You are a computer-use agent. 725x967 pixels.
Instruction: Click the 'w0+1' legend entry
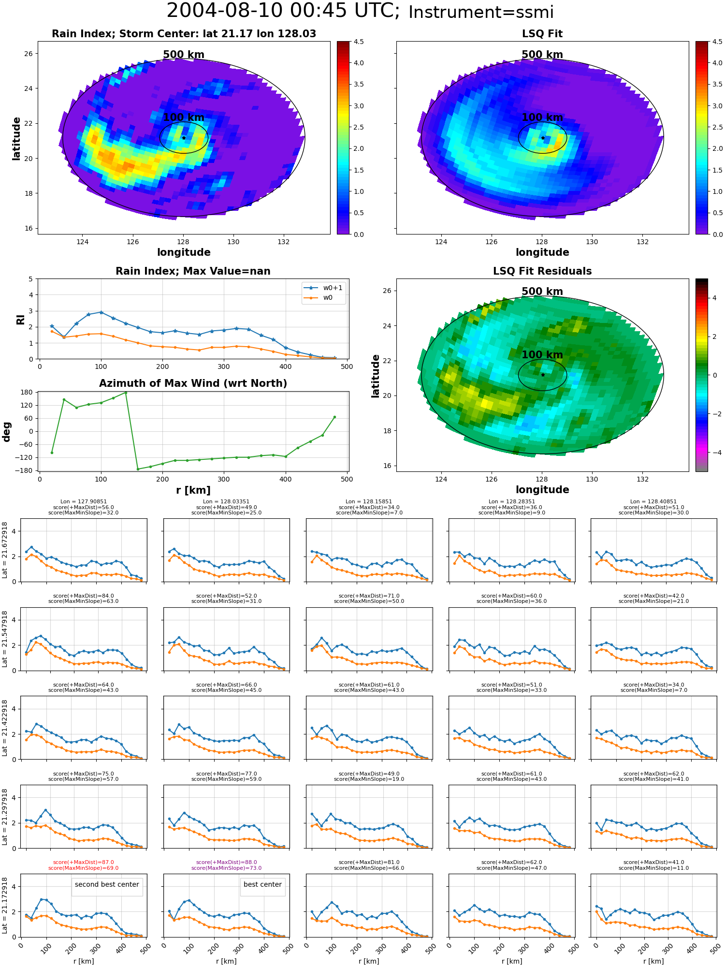coord(333,288)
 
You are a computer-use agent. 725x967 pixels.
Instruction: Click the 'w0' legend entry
coord(328,298)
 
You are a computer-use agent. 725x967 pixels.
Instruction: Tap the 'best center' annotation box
coord(262,884)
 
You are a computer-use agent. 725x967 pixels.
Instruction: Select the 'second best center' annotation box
coord(107,884)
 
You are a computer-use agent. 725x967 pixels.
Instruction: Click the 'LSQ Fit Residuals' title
coord(542,271)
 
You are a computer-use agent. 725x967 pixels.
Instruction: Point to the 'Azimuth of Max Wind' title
coord(193,383)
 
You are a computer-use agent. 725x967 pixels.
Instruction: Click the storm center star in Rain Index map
coord(184,138)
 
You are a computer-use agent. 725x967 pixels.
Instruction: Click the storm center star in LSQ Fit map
coord(543,138)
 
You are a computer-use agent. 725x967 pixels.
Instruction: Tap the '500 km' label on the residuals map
coord(542,292)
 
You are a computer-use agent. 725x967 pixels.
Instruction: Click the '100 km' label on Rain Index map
coord(184,117)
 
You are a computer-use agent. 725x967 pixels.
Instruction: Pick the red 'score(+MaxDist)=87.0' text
coord(83,862)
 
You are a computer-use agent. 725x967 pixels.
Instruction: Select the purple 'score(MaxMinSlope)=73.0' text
coord(226,868)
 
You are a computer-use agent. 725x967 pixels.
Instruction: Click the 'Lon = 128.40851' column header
coord(653,502)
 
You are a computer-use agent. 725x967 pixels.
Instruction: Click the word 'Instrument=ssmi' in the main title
coord(481,13)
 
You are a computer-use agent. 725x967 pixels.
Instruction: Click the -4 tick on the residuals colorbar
coord(714,453)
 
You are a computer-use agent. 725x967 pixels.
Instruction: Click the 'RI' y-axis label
coord(20,320)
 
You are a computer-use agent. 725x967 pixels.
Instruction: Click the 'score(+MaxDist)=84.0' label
coord(83,596)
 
